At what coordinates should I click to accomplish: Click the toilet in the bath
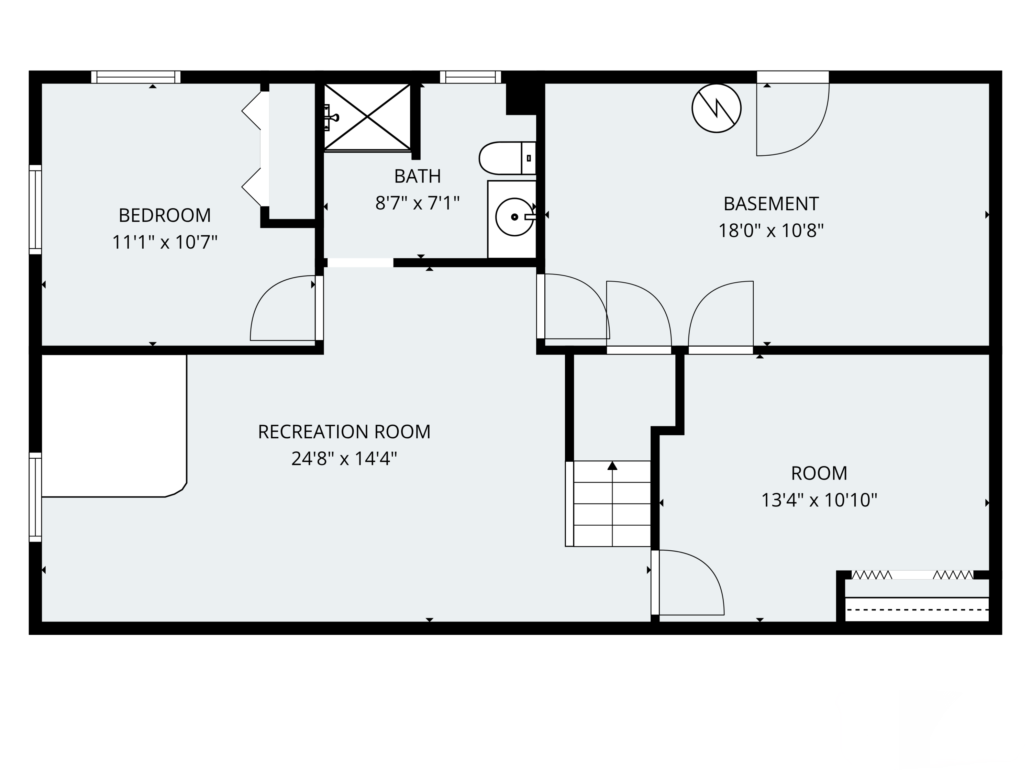[507, 158]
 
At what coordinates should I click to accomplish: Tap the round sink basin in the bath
[514, 217]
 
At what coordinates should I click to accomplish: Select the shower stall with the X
[367, 117]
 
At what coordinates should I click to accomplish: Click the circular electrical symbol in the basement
[717, 108]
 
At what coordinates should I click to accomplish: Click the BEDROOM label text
[165, 215]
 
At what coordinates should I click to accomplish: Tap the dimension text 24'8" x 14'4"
[344, 459]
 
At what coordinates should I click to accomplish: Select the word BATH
[418, 176]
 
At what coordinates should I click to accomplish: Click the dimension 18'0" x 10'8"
[771, 231]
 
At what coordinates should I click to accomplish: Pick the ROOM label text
[819, 473]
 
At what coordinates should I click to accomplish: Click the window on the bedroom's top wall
[136, 77]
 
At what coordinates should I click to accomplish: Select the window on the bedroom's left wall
[35, 210]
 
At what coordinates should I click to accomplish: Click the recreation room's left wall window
[35, 497]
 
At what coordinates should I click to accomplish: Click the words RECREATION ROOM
[344, 432]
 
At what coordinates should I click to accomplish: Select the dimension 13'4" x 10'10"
[819, 501]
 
